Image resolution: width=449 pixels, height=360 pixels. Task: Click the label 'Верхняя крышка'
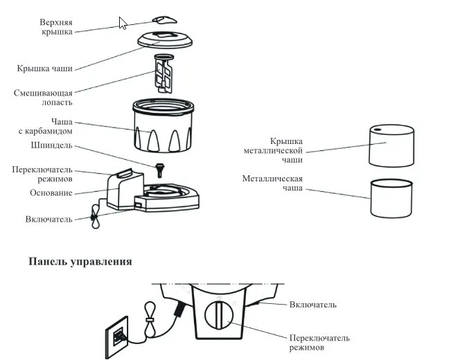[56, 26]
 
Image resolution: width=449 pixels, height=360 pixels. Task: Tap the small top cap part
[164, 19]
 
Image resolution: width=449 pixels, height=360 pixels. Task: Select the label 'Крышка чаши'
[44, 69]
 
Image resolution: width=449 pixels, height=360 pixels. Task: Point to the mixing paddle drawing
[164, 73]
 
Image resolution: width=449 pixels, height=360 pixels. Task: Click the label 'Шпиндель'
[52, 146]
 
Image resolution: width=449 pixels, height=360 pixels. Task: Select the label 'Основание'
[51, 192]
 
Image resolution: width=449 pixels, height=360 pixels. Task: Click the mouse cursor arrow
[123, 24]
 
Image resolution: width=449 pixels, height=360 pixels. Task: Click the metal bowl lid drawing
[391, 145]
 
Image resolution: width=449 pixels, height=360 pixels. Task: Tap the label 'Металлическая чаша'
[272, 183]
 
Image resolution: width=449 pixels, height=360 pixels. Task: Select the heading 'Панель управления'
[80, 262]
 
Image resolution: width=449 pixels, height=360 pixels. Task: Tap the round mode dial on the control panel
[218, 319]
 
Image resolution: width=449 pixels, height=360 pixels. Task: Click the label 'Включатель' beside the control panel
[313, 305]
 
